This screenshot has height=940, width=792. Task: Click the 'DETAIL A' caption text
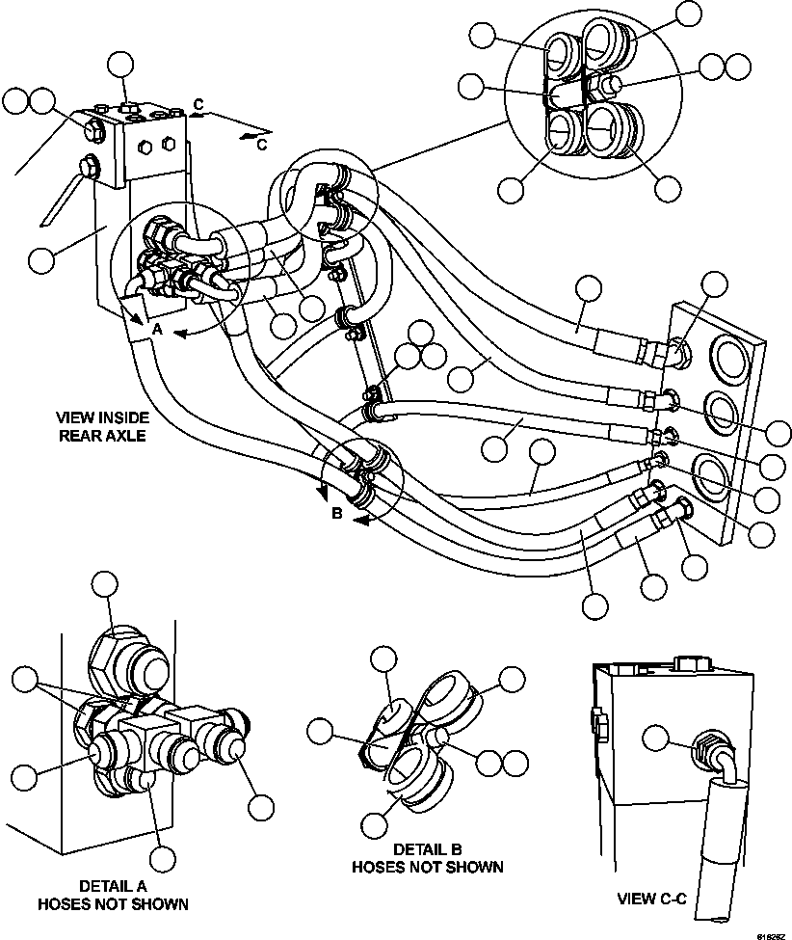point(112,885)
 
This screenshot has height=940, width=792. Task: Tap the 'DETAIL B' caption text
point(427,848)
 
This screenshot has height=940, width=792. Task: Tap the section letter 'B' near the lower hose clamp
point(337,514)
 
